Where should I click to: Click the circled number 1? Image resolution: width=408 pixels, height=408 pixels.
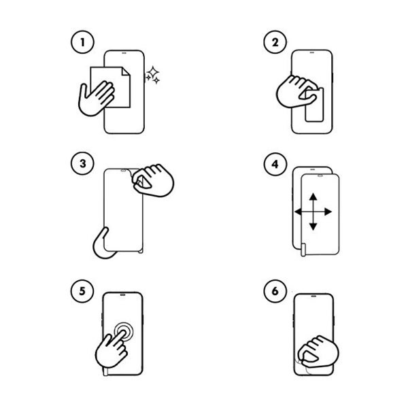(x=82, y=42)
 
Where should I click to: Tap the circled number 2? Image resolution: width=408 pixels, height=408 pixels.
(x=275, y=42)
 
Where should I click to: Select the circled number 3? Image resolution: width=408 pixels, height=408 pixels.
(x=82, y=163)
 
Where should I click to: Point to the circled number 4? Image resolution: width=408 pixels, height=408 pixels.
(x=275, y=164)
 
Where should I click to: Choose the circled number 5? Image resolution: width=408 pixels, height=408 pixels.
(x=82, y=291)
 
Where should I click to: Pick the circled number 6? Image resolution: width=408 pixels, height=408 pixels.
(x=275, y=291)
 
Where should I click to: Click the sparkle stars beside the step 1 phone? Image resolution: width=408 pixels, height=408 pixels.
(x=153, y=75)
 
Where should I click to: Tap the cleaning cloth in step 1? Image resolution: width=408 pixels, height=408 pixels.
(x=110, y=87)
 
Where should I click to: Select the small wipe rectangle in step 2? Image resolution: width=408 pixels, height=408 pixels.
(x=314, y=105)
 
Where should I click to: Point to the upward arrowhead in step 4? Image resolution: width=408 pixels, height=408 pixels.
(x=313, y=197)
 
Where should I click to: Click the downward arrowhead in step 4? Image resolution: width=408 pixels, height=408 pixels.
(x=313, y=226)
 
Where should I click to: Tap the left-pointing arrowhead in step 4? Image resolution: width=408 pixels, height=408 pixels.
(x=298, y=211)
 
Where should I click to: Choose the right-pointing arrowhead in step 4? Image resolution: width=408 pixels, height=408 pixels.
(x=328, y=211)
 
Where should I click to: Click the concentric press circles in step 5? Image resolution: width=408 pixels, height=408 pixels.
(x=124, y=332)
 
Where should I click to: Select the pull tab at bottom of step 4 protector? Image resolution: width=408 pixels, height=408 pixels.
(x=303, y=250)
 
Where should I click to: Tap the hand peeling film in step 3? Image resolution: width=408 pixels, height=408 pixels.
(x=153, y=180)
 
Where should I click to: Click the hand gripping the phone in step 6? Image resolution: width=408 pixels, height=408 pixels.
(x=318, y=352)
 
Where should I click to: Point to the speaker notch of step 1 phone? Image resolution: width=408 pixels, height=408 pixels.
(x=124, y=52)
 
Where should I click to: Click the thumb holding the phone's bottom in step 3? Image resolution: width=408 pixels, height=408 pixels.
(x=103, y=243)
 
